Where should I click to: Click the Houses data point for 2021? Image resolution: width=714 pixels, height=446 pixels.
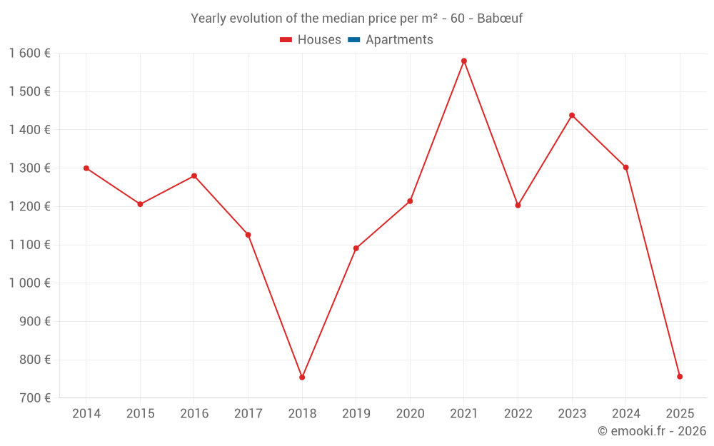(464, 61)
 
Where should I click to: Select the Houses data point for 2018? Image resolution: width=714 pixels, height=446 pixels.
(302, 377)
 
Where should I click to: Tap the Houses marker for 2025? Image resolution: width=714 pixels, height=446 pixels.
(680, 376)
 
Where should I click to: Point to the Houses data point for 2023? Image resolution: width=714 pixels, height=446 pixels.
(572, 115)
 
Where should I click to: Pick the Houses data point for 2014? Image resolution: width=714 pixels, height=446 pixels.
(86, 168)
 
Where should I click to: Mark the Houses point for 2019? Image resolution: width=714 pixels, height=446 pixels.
(356, 248)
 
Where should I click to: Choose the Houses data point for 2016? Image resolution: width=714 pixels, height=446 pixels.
(194, 176)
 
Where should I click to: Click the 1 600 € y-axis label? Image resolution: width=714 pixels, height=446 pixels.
(29, 54)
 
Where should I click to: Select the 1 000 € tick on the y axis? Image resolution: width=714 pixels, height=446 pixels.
(29, 283)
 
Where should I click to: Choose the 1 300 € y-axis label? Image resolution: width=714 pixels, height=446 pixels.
(29, 168)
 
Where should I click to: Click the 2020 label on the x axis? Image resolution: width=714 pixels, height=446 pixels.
(410, 414)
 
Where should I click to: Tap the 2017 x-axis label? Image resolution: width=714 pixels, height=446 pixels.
(248, 414)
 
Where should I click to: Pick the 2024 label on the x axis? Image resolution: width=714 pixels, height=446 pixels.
(625, 414)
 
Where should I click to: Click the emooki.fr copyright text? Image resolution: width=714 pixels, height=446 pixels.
(652, 431)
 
